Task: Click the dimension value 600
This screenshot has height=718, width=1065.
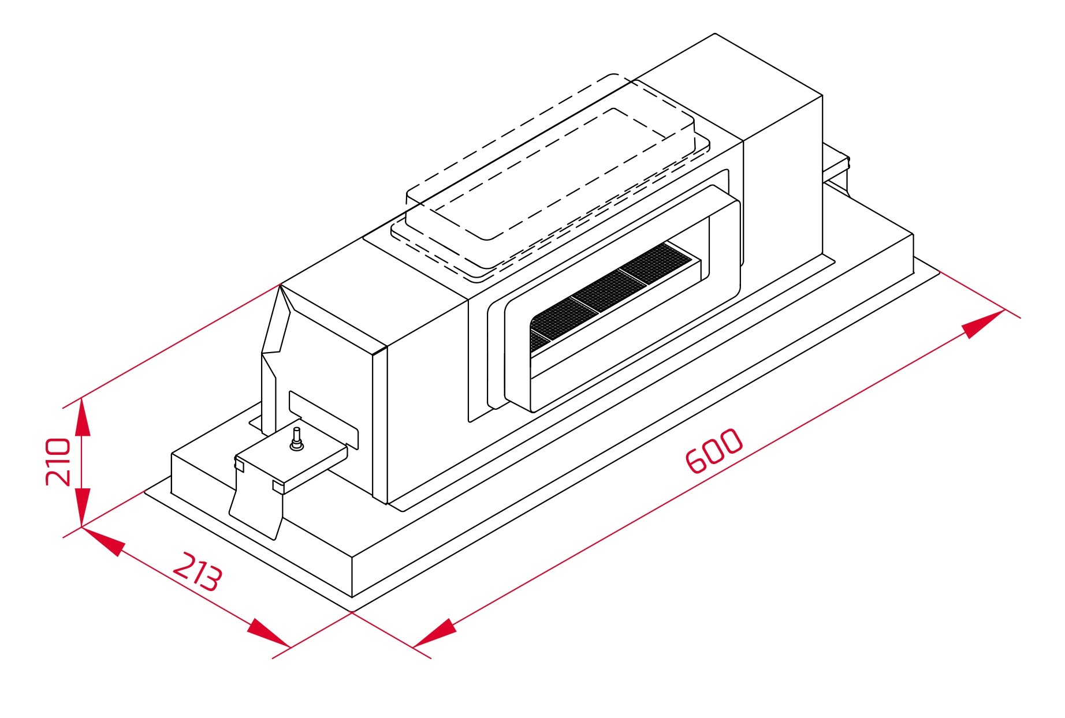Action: (x=714, y=451)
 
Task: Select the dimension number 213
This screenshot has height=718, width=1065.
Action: (x=198, y=572)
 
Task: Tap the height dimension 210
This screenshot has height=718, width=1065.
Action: (x=58, y=462)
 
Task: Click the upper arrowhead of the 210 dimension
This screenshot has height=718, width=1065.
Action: (x=82, y=416)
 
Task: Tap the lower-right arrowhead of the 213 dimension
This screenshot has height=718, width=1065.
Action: (x=269, y=633)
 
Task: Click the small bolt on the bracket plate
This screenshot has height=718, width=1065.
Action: (x=296, y=439)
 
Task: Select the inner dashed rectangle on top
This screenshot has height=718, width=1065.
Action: (x=549, y=174)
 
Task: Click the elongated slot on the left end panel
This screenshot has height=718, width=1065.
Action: (x=323, y=420)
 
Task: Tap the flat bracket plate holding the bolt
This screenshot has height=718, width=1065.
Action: (x=291, y=459)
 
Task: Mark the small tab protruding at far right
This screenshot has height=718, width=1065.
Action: (x=836, y=160)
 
